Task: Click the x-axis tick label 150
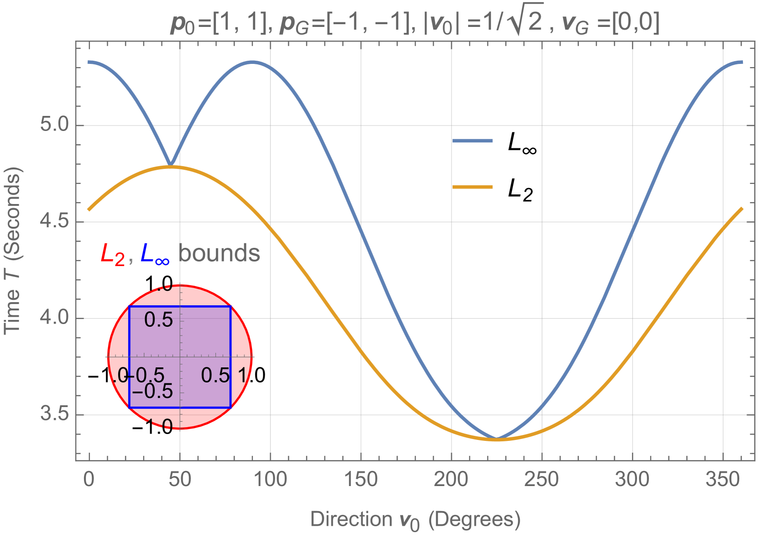pyautogui.click(x=361, y=480)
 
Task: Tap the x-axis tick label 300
pyautogui.click(x=632, y=480)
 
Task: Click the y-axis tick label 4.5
pyautogui.click(x=54, y=221)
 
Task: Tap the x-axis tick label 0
pyautogui.click(x=89, y=480)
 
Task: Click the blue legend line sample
pyautogui.click(x=472, y=141)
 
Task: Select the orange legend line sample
pyautogui.click(x=472, y=187)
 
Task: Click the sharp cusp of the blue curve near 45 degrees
pyautogui.click(x=171, y=164)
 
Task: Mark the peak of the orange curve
pyautogui.click(x=171, y=167)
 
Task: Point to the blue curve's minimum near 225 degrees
pyautogui.click(x=497, y=439)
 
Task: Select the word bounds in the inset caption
pyautogui.click(x=220, y=253)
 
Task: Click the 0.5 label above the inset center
pyautogui.click(x=158, y=320)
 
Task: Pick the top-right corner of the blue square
pyautogui.click(x=230, y=307)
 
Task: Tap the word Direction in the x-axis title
pyautogui.click(x=351, y=519)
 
